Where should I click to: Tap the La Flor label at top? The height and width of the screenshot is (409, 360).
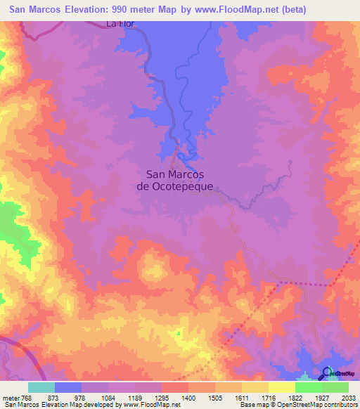coord(120,23)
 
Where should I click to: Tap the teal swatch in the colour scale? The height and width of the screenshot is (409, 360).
coord(41,387)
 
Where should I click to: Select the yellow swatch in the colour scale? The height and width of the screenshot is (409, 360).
coord(282,387)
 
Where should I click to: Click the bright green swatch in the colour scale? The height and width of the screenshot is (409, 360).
coord(309,387)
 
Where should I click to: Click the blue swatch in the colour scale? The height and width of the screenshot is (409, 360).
coord(68,387)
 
